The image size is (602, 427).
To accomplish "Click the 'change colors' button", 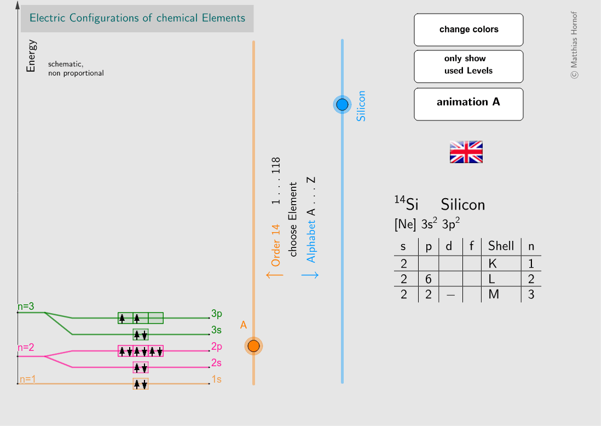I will coord(468,30).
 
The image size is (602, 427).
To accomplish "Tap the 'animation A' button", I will coord(468,102).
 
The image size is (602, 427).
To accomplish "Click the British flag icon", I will coord(466,152).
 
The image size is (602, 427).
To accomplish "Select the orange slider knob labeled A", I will coord(253,346).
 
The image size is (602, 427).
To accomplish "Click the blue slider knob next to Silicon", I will coord(342,105).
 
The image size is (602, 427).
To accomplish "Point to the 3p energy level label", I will coord(217,314).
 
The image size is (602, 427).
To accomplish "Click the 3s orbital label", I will coord(217,330).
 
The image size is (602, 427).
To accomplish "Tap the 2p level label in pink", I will coord(217,347).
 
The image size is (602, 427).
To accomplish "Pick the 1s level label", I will coord(217,379).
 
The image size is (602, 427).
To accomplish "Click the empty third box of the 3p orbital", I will coord(156,318).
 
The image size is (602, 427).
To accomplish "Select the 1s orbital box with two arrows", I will coord(141,384).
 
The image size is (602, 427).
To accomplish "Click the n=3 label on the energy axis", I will coord(26,307).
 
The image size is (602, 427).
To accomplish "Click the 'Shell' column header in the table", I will coord(501,246).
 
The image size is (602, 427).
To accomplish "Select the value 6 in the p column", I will coord(429,279).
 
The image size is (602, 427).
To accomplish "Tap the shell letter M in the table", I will coord(494,295).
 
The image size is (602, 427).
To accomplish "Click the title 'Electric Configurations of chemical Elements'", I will coord(137,18).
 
